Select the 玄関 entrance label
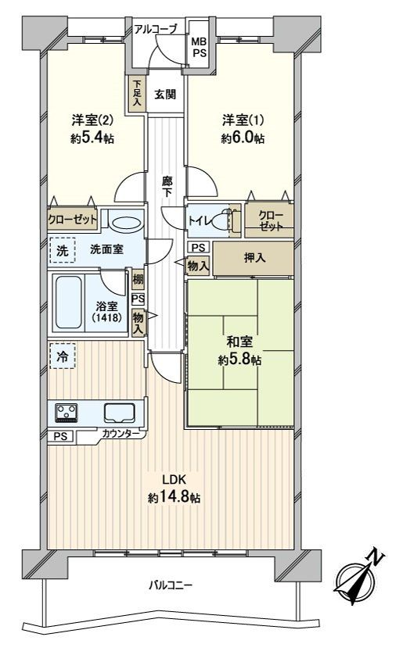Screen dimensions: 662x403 (x=165, y=95)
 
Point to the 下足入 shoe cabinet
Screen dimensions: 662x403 (x=137, y=93)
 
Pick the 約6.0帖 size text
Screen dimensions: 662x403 (x=242, y=138)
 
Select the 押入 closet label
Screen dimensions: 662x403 (x=253, y=258)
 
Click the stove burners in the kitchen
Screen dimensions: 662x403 (x=64, y=412)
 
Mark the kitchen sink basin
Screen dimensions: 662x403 (x=120, y=413)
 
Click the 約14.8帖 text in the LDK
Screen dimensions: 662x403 (x=174, y=497)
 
